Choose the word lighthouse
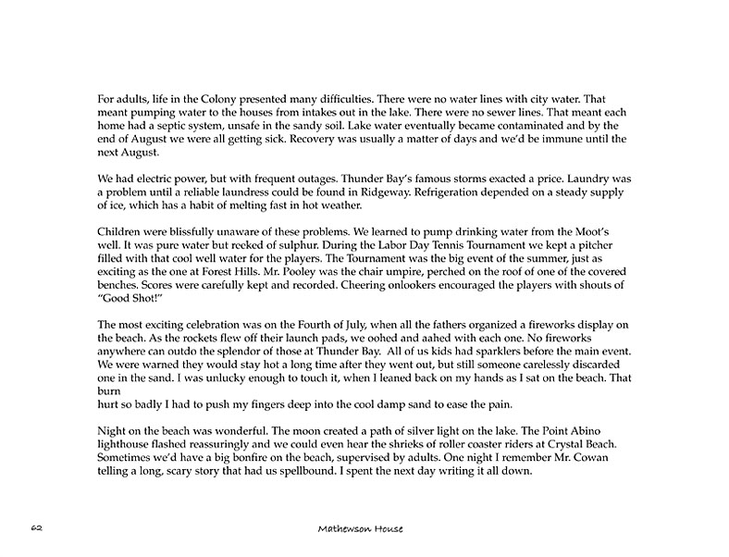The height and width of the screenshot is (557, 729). coord(125,443)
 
